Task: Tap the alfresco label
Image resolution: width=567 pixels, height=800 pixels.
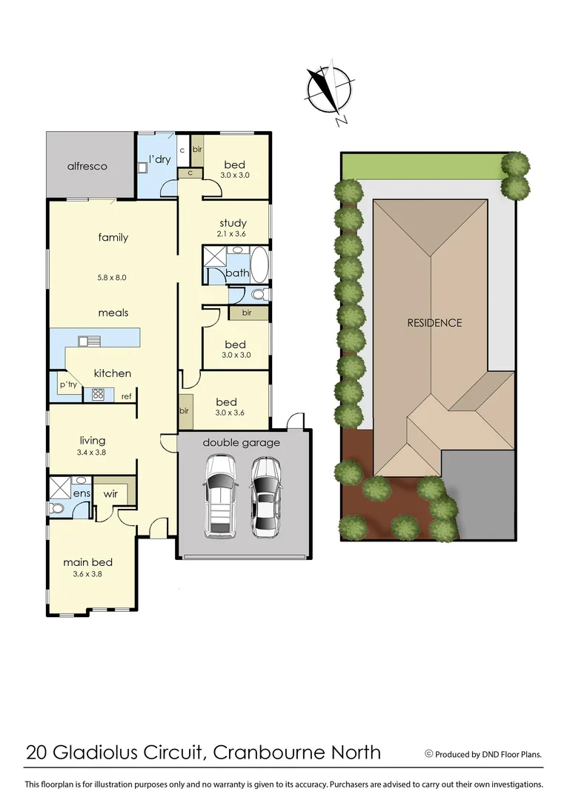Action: [x=87, y=166]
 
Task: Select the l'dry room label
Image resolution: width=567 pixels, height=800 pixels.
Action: [x=160, y=159]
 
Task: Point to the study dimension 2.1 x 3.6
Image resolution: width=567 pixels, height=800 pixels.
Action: [x=233, y=234]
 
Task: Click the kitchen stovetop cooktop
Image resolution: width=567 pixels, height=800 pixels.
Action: [x=98, y=394]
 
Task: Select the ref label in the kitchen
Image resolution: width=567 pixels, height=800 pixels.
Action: [x=127, y=396]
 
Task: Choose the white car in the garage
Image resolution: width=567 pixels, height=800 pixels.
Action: [x=220, y=496]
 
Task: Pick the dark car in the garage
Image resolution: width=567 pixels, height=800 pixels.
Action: [x=265, y=497]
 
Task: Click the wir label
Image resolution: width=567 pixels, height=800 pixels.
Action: [x=111, y=493]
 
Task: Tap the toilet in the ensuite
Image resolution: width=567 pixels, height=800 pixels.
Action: [x=58, y=509]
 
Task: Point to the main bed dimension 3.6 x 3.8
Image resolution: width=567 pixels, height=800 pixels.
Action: [x=87, y=573]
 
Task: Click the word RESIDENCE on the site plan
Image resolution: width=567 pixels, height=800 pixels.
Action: [x=434, y=323]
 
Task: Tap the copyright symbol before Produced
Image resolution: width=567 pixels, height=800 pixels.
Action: [x=428, y=754]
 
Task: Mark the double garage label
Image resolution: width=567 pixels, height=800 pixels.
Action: [x=241, y=443]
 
